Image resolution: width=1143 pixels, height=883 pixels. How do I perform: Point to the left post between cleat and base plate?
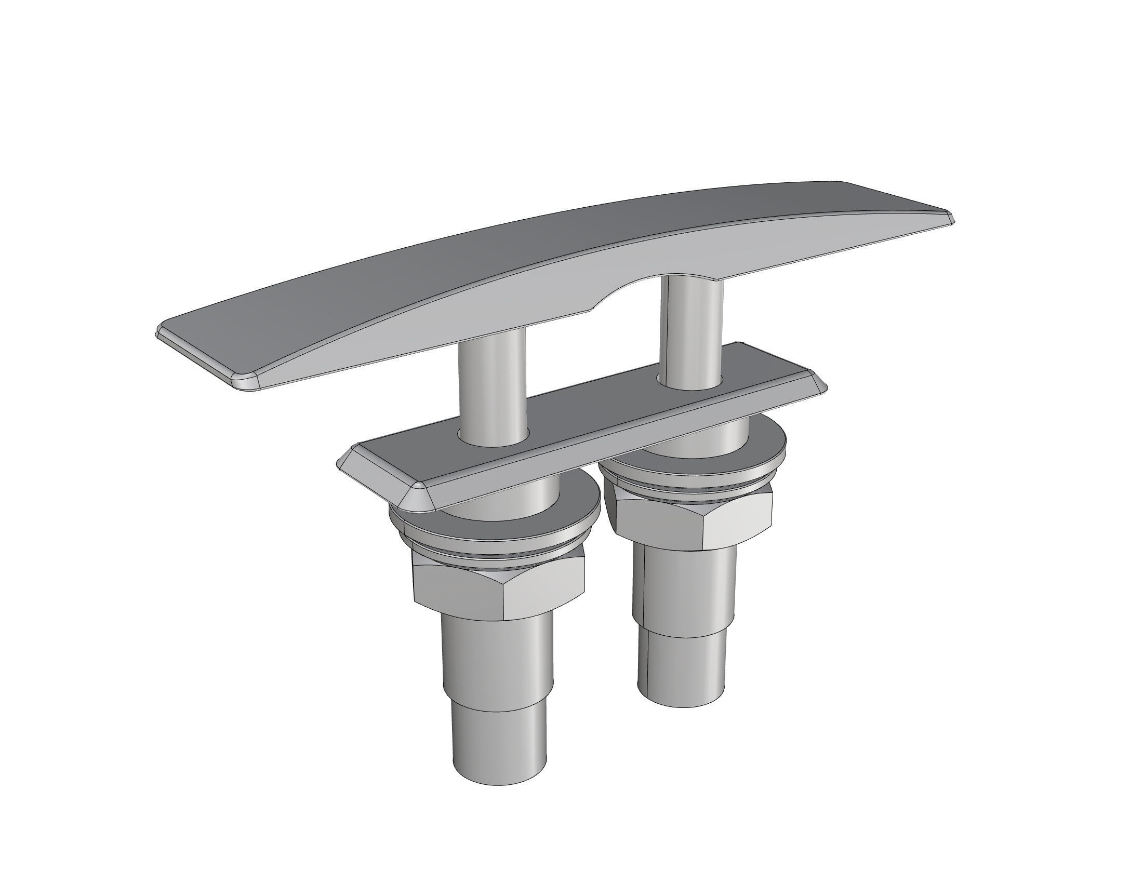tap(492, 387)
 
